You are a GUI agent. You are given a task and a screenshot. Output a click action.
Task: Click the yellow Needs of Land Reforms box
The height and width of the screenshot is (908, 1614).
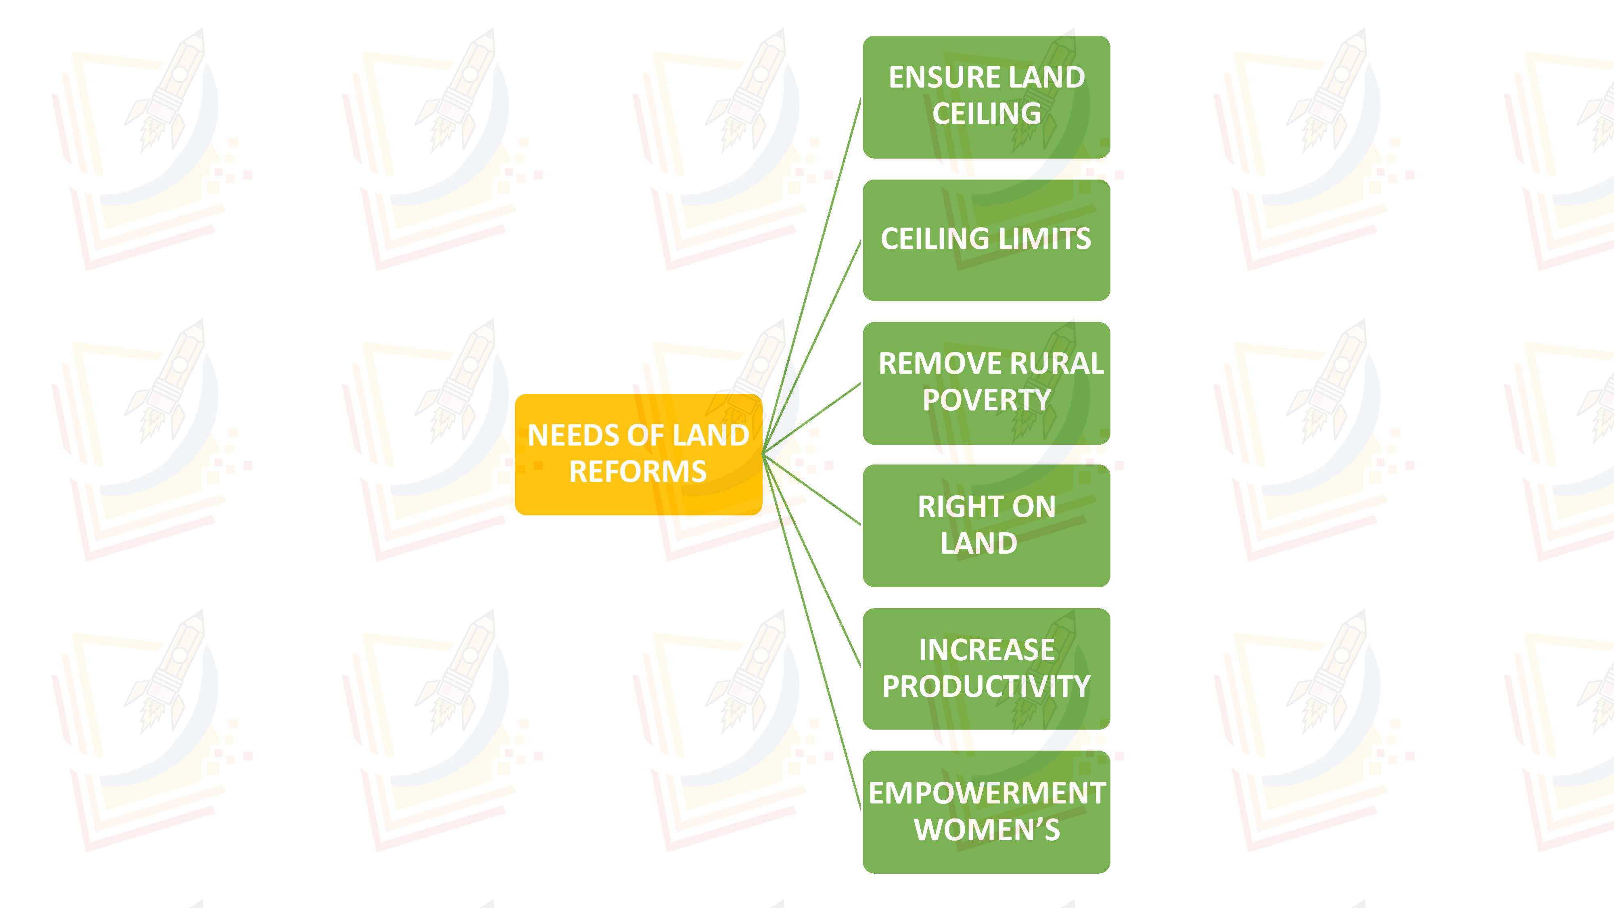638,454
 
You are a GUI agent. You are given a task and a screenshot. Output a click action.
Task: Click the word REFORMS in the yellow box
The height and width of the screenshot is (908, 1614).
638,472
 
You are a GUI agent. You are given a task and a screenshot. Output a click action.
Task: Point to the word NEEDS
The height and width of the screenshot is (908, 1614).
562,435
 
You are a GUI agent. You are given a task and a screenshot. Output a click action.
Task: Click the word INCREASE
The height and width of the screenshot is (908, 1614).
987,650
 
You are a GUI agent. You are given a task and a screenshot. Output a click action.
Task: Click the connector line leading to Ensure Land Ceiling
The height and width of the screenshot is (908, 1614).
812,276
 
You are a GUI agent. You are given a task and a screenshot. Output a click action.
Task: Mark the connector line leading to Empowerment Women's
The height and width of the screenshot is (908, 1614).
812,633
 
